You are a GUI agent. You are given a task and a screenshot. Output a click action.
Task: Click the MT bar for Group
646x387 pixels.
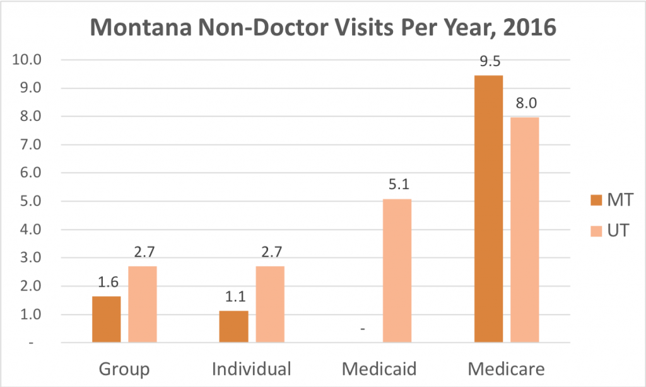click(x=106, y=319)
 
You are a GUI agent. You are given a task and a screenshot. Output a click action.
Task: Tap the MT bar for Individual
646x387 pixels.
click(x=233, y=326)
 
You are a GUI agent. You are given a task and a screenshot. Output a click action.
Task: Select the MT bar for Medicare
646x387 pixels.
click(x=488, y=209)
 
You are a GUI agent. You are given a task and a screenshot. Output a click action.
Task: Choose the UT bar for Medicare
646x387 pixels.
click(x=525, y=230)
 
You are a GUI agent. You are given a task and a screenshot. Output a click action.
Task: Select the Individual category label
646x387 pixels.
click(x=252, y=368)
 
